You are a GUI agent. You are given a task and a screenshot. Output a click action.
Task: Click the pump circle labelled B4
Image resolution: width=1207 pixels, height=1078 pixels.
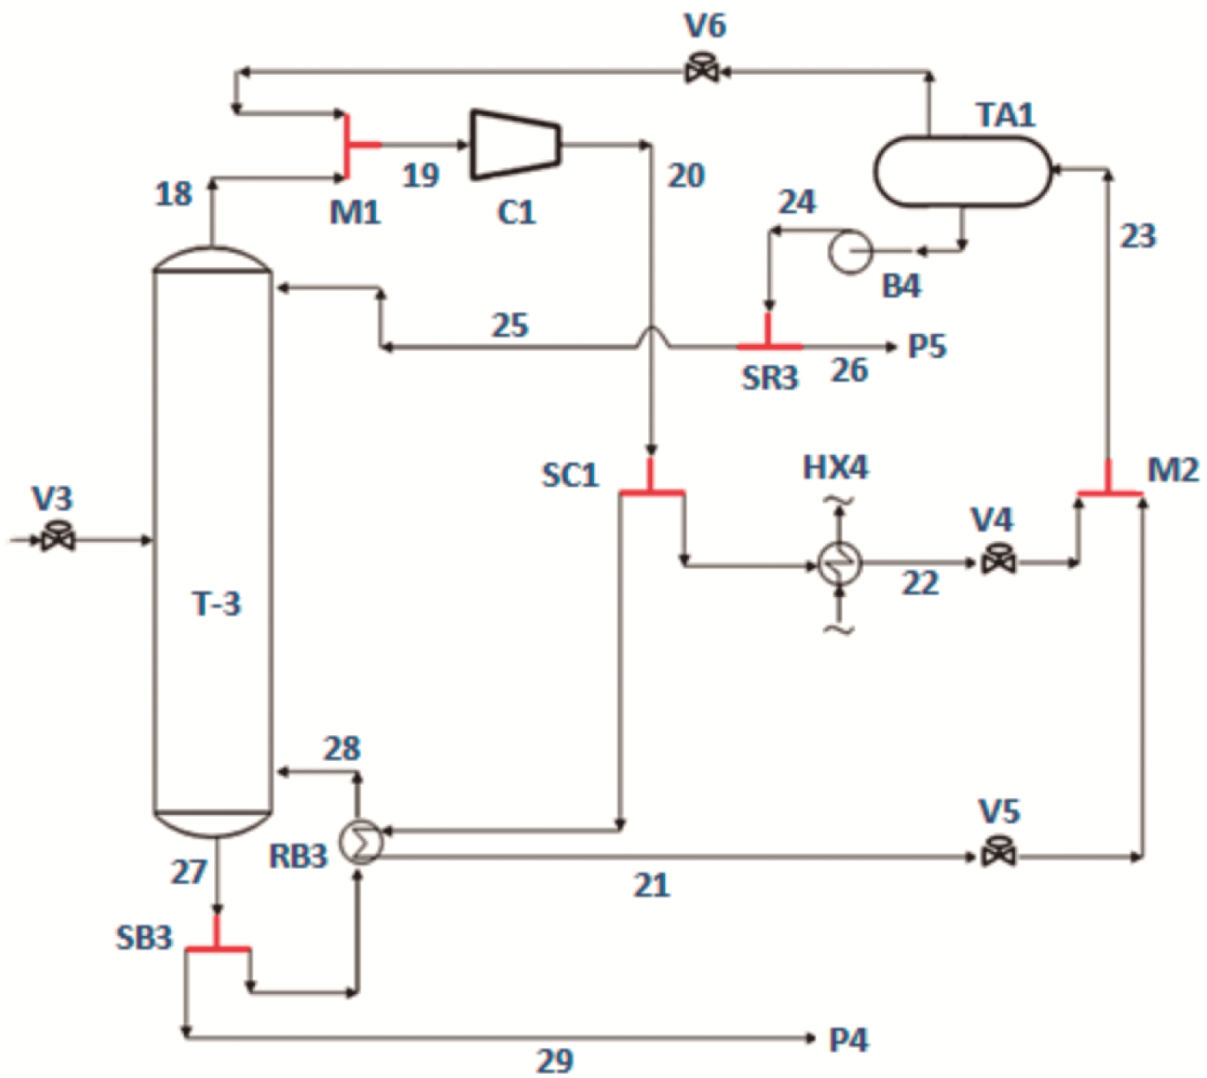click(x=850, y=252)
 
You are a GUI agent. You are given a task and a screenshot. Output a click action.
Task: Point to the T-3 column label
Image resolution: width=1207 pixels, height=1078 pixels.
click(x=217, y=604)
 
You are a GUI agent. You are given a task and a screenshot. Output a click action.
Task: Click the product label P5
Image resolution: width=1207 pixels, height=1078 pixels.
click(x=928, y=346)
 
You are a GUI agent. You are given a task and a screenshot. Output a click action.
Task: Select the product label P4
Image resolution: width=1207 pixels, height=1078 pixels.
click(x=849, y=1040)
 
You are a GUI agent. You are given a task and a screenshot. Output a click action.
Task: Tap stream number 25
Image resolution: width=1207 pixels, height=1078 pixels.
click(x=510, y=325)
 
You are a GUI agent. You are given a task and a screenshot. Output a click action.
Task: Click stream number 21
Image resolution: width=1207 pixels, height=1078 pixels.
click(x=651, y=884)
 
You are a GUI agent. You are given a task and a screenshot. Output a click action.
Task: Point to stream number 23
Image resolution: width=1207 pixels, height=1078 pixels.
click(x=1138, y=236)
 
